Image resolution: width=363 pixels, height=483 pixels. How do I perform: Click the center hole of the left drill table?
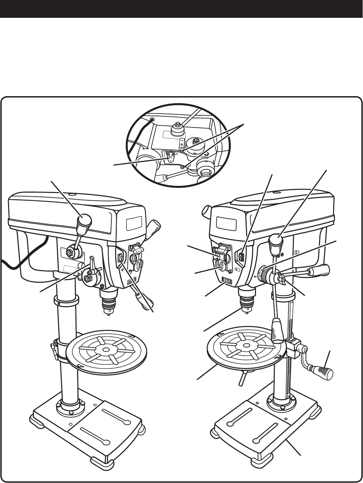tap(106, 350)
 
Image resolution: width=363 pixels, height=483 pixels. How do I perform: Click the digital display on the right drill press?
tap(227, 279)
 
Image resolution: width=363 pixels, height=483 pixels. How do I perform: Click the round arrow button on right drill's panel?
tap(222, 266)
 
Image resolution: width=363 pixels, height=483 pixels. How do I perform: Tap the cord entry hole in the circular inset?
tap(152, 119)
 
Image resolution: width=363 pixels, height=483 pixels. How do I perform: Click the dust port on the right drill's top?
tap(205, 213)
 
